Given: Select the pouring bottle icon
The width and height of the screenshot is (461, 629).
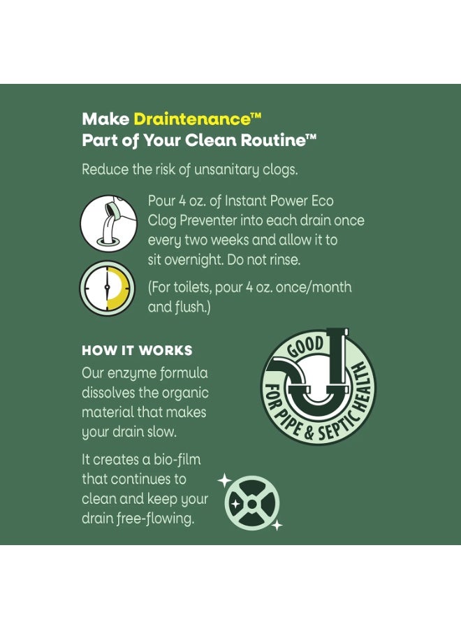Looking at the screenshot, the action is point(109,224).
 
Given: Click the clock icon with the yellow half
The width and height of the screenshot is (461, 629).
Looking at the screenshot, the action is point(107,288).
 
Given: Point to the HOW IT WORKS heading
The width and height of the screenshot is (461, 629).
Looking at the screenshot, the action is point(137,351).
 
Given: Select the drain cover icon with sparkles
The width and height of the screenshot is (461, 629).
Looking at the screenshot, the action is point(251,503).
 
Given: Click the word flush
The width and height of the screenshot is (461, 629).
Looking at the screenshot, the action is point(191,308).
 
